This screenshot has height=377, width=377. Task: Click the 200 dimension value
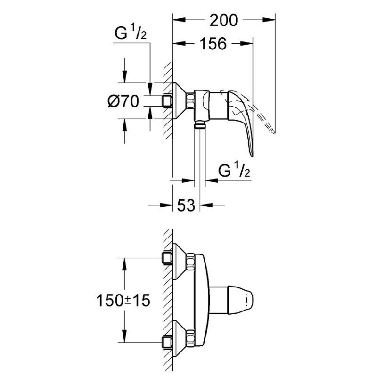click(223, 20)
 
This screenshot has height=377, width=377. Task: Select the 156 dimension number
click(213, 43)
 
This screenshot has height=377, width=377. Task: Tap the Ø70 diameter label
click(123, 101)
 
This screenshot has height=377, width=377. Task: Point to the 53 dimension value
click(186, 205)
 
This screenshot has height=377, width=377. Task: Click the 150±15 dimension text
click(123, 300)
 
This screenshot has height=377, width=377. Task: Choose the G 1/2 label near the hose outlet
click(234, 170)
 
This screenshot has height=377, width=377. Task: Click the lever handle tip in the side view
click(252, 154)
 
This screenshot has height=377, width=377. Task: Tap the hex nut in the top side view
click(191, 101)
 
